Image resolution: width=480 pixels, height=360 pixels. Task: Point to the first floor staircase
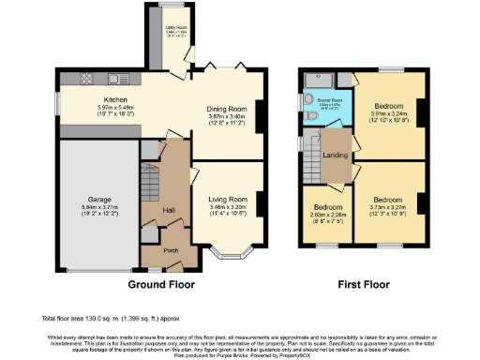(x=311, y=152)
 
